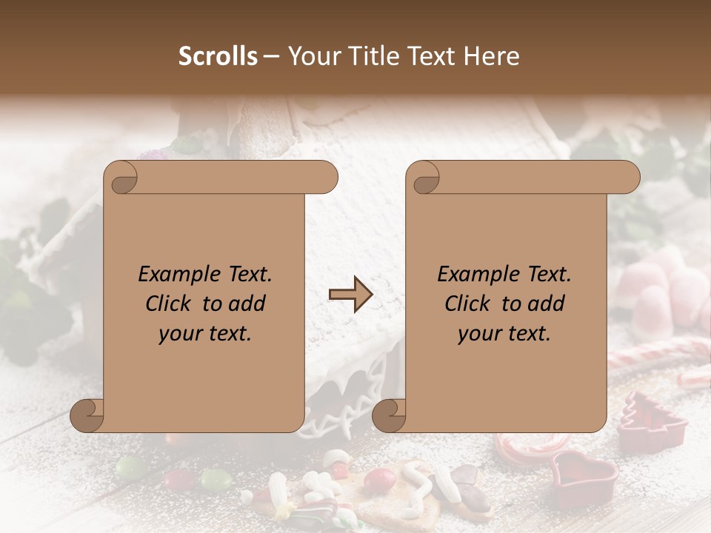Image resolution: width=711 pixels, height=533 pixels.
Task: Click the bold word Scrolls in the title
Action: (x=218, y=56)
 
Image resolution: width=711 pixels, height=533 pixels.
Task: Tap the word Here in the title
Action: (x=492, y=56)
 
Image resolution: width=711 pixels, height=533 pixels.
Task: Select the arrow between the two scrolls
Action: (x=350, y=295)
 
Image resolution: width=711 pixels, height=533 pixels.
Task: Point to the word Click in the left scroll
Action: (x=170, y=304)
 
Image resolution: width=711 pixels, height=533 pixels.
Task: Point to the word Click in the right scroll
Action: (x=468, y=304)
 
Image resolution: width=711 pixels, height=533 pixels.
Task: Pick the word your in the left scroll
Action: (x=180, y=334)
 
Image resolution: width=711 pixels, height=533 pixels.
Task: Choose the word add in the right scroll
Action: (x=546, y=304)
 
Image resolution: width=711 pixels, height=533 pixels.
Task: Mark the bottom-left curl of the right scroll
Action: (x=389, y=415)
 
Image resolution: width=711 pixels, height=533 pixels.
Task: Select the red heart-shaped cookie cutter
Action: (x=584, y=474)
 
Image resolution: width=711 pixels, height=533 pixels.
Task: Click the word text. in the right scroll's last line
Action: (x=526, y=334)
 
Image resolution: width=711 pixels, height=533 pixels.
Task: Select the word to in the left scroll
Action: (x=213, y=304)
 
